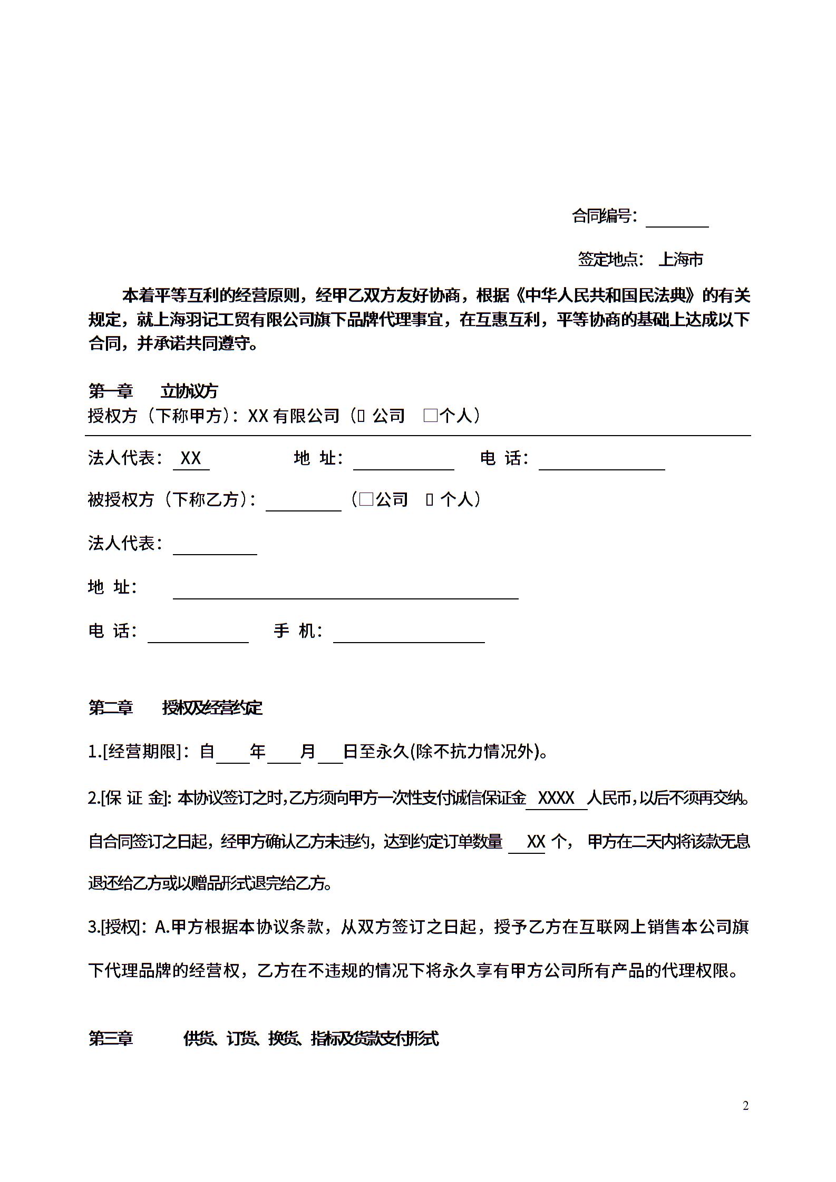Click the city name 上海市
[x=681, y=259]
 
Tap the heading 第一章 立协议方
[x=153, y=391]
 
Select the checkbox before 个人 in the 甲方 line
[x=430, y=416]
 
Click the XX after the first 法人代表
[x=191, y=458]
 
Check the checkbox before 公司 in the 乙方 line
[x=366, y=499]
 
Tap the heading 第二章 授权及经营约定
[x=175, y=708]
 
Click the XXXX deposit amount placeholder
[x=556, y=799]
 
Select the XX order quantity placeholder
[x=536, y=842]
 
